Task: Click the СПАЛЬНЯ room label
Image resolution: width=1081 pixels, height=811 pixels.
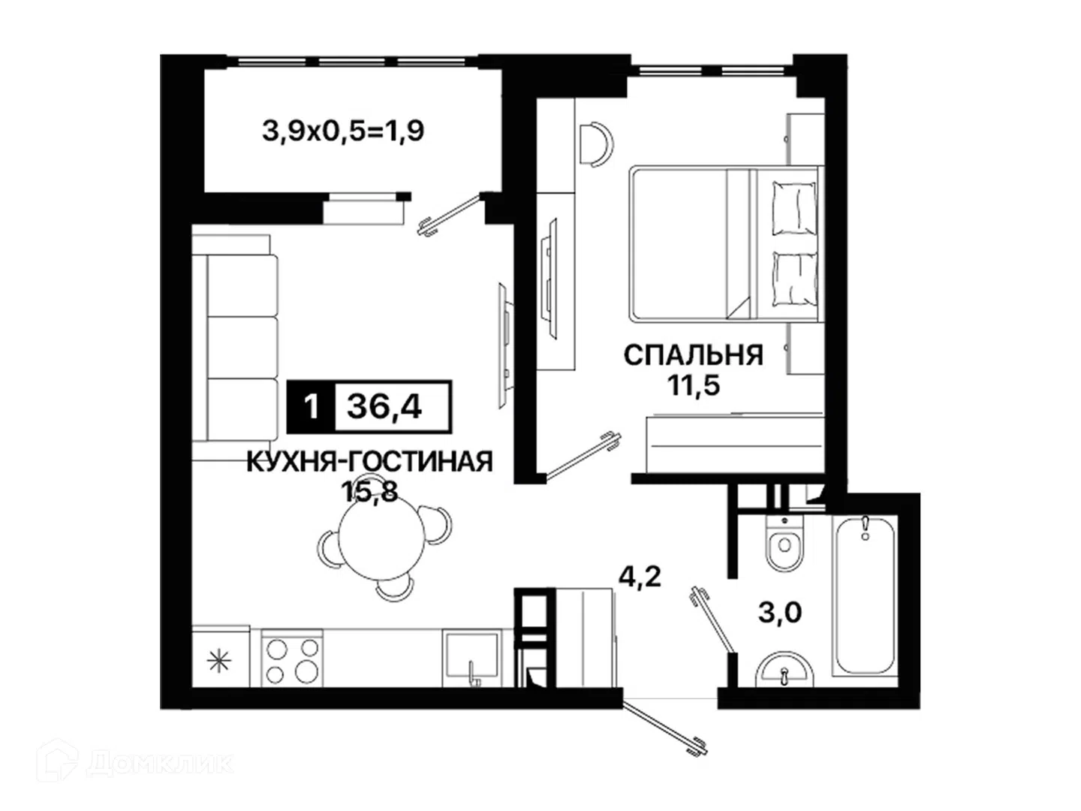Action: click(x=693, y=355)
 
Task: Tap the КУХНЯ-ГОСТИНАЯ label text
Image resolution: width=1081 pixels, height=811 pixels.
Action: click(x=369, y=463)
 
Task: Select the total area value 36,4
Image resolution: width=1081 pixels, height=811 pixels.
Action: click(x=384, y=407)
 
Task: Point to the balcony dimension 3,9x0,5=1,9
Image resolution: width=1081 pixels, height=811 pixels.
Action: click(x=343, y=131)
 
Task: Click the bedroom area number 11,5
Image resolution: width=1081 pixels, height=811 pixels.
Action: click(x=694, y=385)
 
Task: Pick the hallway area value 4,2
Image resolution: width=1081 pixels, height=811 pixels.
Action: click(x=640, y=577)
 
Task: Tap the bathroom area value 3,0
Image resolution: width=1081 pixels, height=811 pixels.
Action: click(x=780, y=614)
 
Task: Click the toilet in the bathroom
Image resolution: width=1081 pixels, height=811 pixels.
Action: click(x=784, y=543)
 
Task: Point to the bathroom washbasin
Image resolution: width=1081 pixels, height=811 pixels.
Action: click(x=784, y=670)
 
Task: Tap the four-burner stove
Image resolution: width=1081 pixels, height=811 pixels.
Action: click(x=292, y=658)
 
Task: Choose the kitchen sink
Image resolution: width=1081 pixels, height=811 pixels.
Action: click(x=471, y=658)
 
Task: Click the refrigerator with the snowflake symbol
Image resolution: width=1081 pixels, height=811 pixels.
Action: click(x=220, y=656)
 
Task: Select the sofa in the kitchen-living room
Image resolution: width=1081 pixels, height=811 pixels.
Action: click(x=235, y=347)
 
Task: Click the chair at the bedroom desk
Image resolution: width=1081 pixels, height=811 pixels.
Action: click(x=597, y=144)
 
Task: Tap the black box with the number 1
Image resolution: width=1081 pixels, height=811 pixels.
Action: click(x=311, y=407)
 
